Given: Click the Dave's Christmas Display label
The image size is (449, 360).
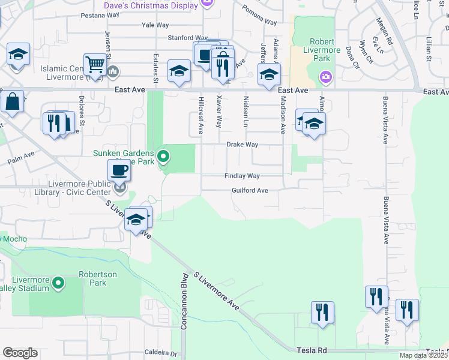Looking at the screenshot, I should tap(159, 5).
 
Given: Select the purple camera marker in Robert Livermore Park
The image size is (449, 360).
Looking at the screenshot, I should tap(325, 76).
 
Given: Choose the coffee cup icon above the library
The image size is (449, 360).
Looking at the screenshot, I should tap(119, 170).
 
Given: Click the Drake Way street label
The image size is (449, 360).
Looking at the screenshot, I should tap(242, 145).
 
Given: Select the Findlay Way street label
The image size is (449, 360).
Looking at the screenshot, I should tap(242, 176).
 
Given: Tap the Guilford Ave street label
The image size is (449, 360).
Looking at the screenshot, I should tap(249, 190).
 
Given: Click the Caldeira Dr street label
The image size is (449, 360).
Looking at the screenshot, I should tap(158, 353).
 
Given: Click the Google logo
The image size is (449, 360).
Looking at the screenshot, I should tap(20, 353).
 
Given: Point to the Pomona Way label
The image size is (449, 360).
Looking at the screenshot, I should tap(259, 16).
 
